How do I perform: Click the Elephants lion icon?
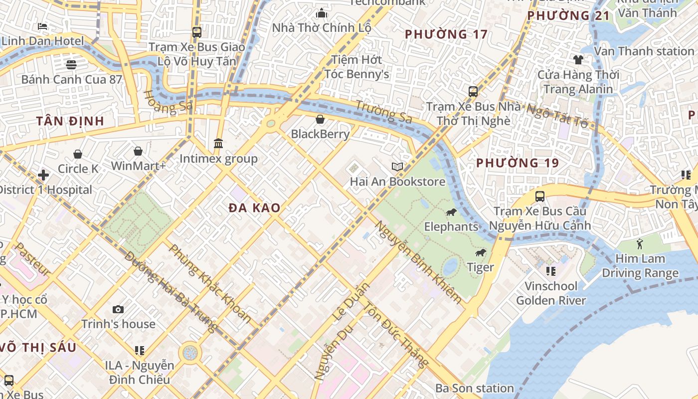tap(451, 213)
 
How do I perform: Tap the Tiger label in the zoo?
tap(481, 267)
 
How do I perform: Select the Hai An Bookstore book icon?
tap(397, 167)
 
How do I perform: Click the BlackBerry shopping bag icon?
tap(320, 119)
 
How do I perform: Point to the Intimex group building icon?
tap(218, 144)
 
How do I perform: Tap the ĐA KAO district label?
tap(254, 208)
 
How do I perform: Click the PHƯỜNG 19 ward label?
tap(518, 163)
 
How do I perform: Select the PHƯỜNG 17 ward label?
tap(446, 34)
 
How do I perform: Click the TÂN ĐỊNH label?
tap(70, 121)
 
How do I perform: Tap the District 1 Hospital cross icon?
tap(43, 175)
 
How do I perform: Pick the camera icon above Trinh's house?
tap(118, 310)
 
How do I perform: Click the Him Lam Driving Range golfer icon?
tap(640, 244)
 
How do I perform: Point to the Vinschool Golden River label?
tap(551, 293)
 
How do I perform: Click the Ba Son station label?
tap(474, 388)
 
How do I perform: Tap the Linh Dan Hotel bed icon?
tap(42, 26)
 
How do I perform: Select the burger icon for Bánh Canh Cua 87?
tap(71, 64)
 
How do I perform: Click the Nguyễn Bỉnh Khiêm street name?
tap(419, 262)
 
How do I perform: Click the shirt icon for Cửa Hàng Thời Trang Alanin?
tap(578, 60)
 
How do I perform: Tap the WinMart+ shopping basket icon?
tap(138, 151)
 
